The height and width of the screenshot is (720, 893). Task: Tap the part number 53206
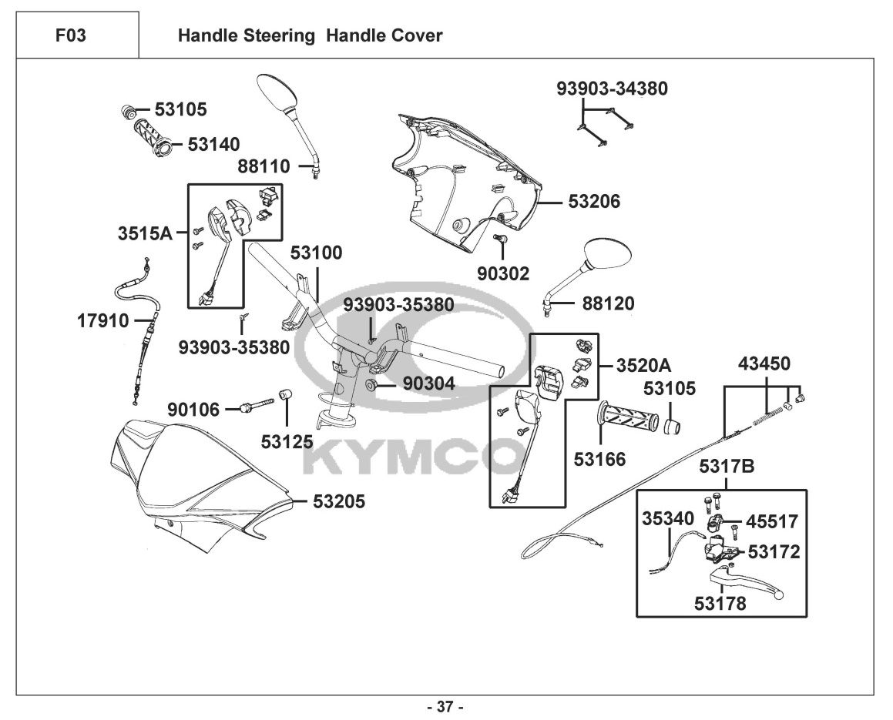(x=594, y=202)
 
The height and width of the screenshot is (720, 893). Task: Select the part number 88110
(x=264, y=166)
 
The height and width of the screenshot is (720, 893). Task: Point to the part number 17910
(x=103, y=320)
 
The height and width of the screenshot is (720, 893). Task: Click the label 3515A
(x=146, y=232)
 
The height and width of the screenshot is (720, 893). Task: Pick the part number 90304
(x=429, y=383)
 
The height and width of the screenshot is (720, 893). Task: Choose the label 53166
(x=599, y=459)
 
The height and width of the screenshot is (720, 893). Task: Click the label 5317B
(x=727, y=466)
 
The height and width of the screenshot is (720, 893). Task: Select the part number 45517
(x=773, y=521)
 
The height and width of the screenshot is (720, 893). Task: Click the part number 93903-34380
(x=613, y=89)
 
